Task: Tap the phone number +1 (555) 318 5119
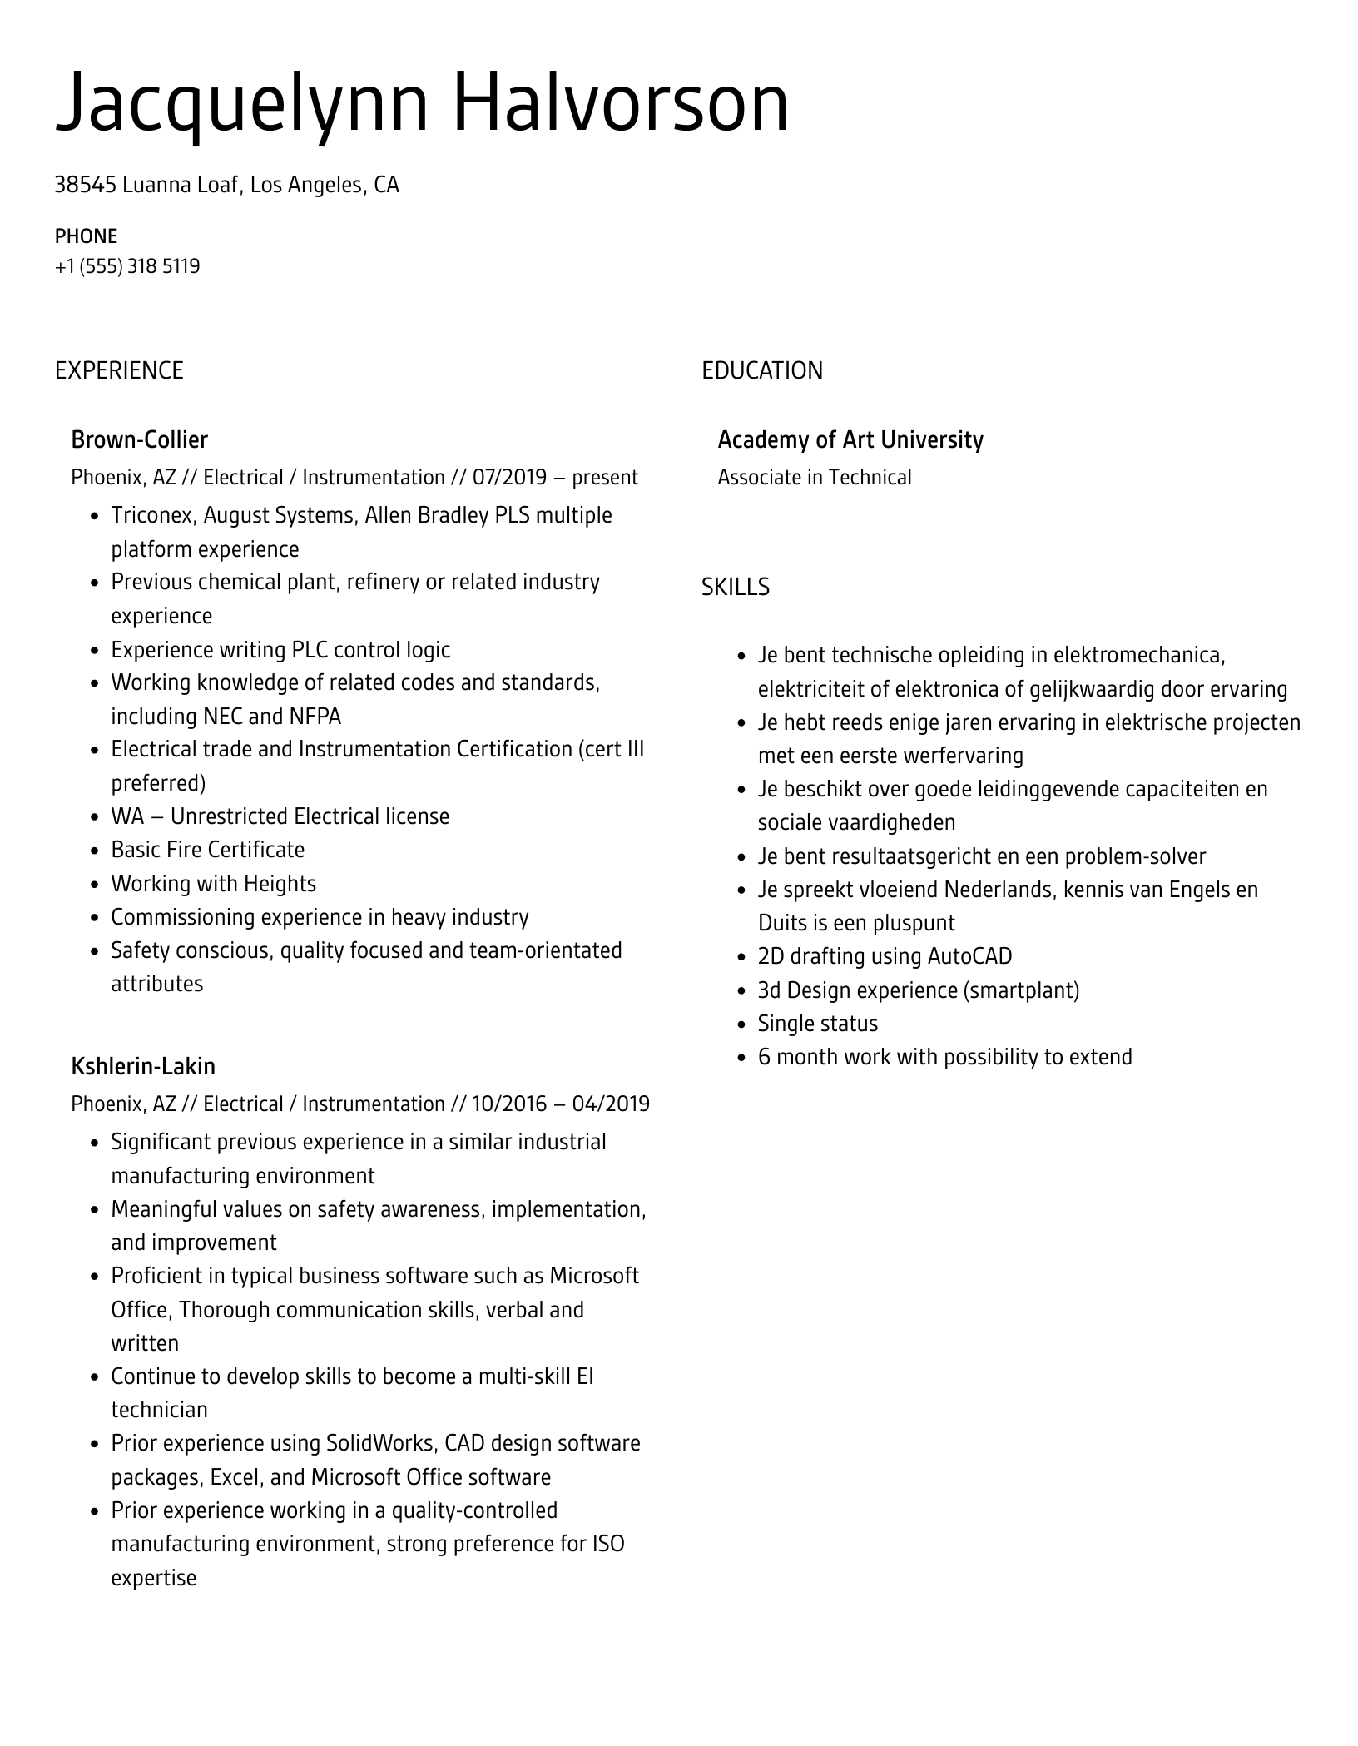tap(127, 266)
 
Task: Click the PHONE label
tap(86, 236)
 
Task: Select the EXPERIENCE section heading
tap(119, 370)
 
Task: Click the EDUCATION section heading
tap(761, 370)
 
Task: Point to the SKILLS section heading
tap(735, 588)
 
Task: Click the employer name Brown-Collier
tap(139, 439)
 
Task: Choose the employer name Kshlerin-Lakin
tap(143, 1066)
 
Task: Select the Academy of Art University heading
tap(850, 439)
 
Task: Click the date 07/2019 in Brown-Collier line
tap(509, 478)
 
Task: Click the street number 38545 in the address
tap(85, 185)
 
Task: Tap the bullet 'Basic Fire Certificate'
tap(208, 850)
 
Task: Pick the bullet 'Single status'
tap(817, 1024)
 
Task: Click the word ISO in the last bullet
tap(607, 1544)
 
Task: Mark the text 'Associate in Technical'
tap(814, 478)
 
